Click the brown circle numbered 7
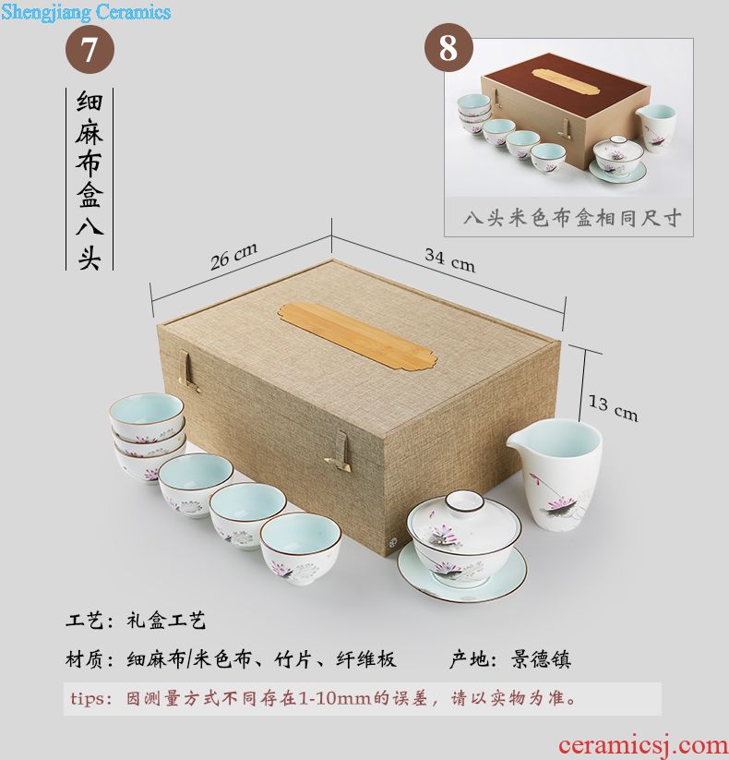coord(90,50)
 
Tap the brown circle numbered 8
coord(448,47)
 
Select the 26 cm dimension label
coord(233,257)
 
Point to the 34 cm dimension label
coord(449,260)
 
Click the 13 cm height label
coord(613,408)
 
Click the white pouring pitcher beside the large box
coord(556,474)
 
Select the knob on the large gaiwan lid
coord(464,501)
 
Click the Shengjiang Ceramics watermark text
coord(86,12)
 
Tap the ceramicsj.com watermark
coord(643,745)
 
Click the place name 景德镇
coord(541,659)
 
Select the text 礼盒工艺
coord(166,620)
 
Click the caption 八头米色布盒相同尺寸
coord(572,218)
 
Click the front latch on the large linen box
coord(339,452)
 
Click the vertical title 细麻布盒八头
coord(90,179)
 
